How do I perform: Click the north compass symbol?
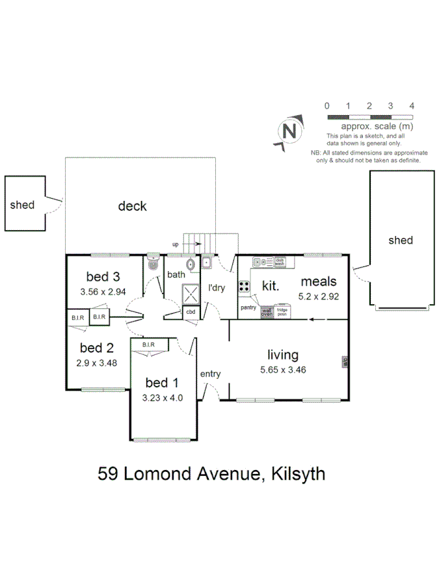click(290, 131)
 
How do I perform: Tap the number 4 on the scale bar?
click(412, 106)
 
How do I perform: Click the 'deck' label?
click(132, 206)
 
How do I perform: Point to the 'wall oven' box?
click(267, 312)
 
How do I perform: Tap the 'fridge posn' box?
click(282, 311)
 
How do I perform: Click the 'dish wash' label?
click(280, 262)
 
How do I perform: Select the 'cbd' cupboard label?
click(191, 313)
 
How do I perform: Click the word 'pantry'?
click(248, 307)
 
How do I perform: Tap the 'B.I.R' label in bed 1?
click(148, 344)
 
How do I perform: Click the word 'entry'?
click(210, 374)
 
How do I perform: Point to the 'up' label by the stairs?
click(175, 244)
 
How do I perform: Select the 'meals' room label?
click(319, 281)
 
